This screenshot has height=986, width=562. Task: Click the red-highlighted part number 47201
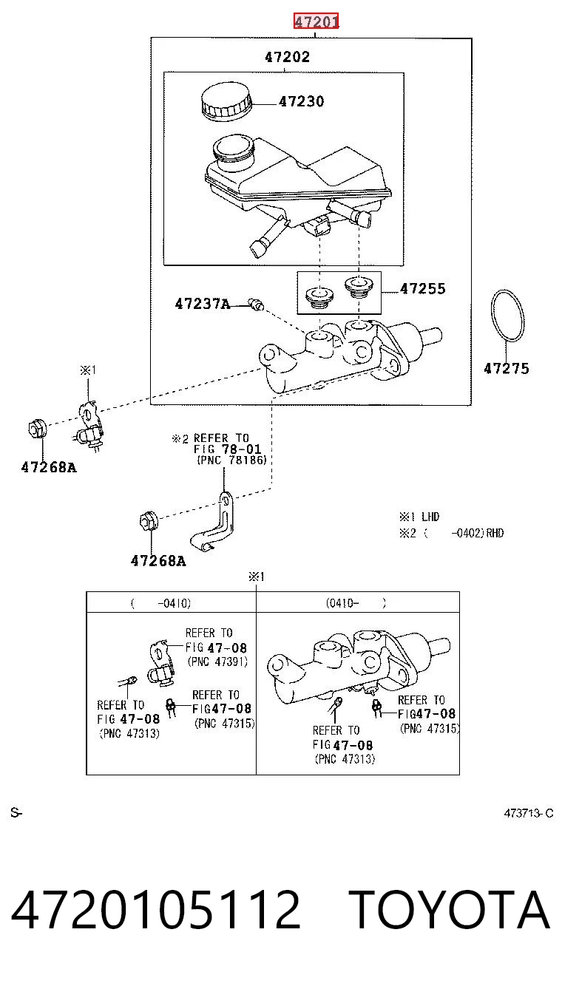[316, 21]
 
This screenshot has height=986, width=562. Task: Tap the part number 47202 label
[287, 57]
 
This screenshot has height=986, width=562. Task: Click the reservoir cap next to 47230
[226, 100]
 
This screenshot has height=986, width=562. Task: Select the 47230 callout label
[301, 102]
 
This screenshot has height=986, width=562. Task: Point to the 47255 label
[422, 289]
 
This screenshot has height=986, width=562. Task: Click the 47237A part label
[203, 304]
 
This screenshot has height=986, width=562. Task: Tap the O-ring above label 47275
[508, 315]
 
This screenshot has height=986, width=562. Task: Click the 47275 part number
[507, 368]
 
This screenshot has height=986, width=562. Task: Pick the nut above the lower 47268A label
[149, 521]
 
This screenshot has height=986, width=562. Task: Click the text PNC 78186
[232, 460]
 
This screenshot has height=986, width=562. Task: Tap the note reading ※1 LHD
[419, 517]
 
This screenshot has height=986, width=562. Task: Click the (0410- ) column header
[356, 602]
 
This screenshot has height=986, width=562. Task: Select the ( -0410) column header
[160, 603]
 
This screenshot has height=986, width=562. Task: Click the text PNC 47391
[217, 662]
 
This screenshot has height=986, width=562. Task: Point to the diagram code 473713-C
[529, 813]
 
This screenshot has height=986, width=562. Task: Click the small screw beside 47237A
[256, 304]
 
